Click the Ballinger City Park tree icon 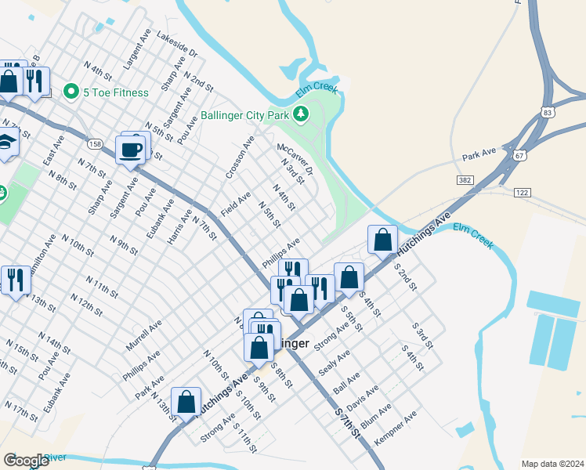pos(301,115)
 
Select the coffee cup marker pos(130,149)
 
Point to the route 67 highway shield pos(519,155)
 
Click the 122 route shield pos(523,192)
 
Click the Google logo pos(26,460)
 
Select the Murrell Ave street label pos(143,334)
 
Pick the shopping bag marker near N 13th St pos(186,402)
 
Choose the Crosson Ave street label pos(240,157)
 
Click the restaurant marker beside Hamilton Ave pos(16,280)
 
